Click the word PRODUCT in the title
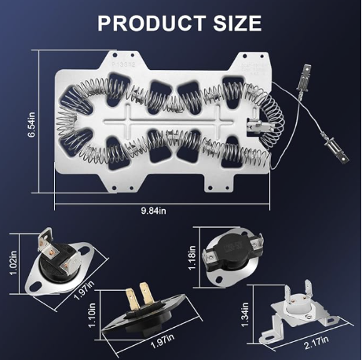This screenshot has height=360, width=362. (x=152, y=23)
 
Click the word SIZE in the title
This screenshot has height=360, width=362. (x=237, y=23)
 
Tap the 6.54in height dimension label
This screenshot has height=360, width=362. (x=31, y=124)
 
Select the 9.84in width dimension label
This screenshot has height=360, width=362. (x=154, y=211)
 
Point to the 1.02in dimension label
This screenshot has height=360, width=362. (x=13, y=263)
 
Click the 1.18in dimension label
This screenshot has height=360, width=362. (x=192, y=258)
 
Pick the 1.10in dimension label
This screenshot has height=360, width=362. (x=92, y=315)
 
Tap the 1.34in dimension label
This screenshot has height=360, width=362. (x=245, y=314)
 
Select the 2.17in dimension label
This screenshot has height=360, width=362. (x=316, y=343)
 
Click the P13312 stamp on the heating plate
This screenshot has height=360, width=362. (x=123, y=64)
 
